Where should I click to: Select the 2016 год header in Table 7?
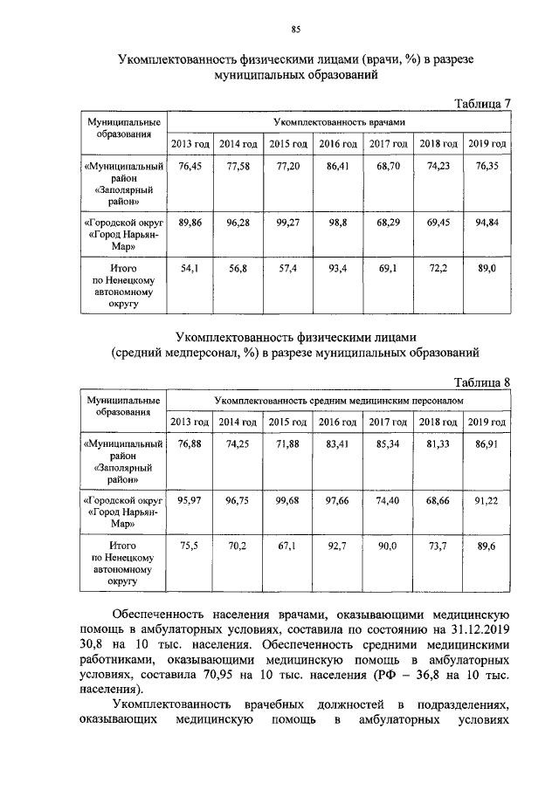[337, 143]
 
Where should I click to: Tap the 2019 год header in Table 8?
[487, 422]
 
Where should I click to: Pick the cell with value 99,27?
[287, 223]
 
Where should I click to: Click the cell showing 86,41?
[337, 165]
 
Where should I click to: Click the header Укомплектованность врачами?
[338, 123]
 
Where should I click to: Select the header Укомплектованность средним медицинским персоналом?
[338, 400]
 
